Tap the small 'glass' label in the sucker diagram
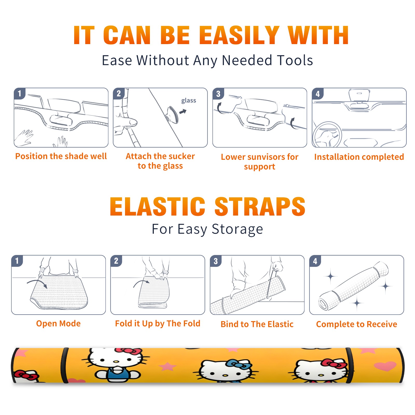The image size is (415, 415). coord(189,100)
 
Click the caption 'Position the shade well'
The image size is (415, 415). coord(61,156)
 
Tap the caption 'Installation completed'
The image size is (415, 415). coord(359,157)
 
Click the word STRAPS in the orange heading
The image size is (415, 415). coord(260,206)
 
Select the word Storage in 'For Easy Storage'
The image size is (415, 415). coord(237,229)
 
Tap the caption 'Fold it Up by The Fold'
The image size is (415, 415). coord(158,323)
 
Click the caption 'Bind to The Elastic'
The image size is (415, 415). coord(257,324)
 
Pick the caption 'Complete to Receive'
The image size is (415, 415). coord(357,324)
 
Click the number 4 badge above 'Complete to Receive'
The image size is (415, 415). coord(315,261)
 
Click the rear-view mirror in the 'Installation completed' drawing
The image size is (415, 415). coord(359,95)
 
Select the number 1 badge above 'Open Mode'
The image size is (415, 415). coord(17,261)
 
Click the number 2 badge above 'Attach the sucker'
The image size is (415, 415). coord(119,94)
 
